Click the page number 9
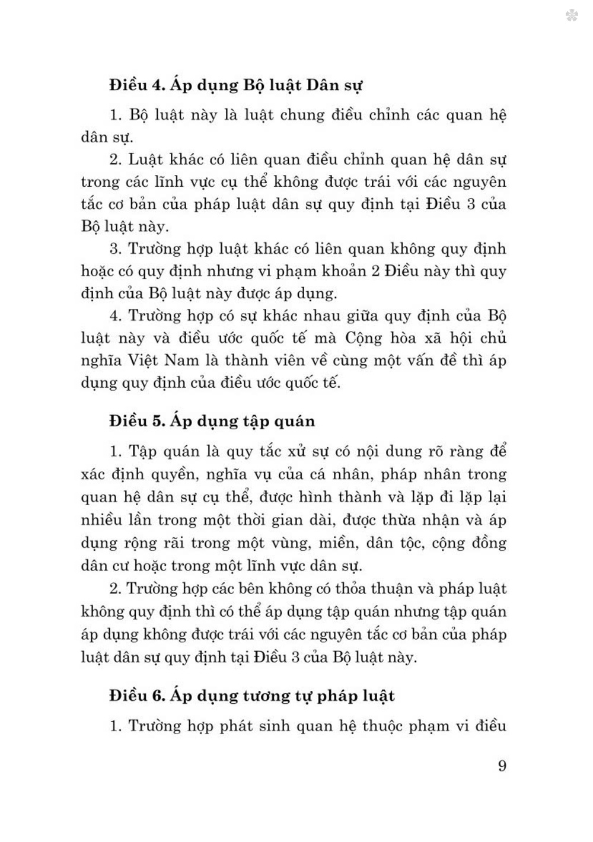point(502,766)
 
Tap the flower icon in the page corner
point(572,15)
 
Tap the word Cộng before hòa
point(364,337)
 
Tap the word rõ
point(436,451)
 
